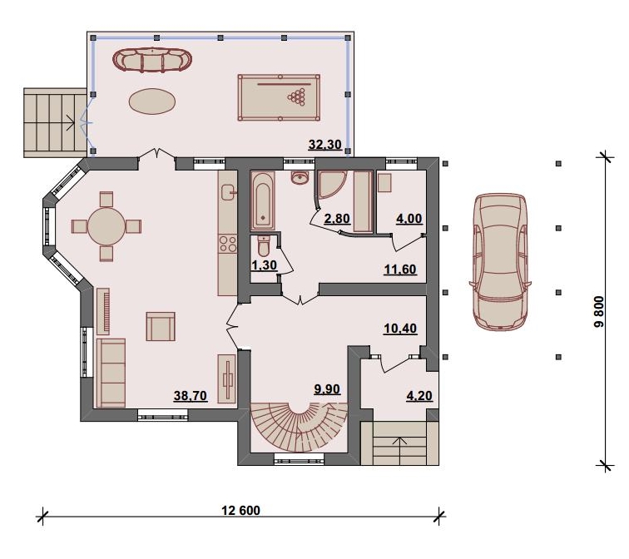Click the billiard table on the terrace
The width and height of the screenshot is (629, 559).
[x=279, y=97]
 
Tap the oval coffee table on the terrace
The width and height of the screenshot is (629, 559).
[x=152, y=101]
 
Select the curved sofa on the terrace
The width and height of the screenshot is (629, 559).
[x=152, y=60]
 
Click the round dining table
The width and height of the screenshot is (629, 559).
[x=106, y=226]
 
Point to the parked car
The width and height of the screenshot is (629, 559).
[x=500, y=262]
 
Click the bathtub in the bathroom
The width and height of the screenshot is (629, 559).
[x=263, y=200]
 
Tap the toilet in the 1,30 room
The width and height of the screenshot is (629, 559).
[x=264, y=246]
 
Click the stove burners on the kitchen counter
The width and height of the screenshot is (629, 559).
[x=227, y=244]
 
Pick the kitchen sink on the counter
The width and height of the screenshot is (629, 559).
[x=228, y=192]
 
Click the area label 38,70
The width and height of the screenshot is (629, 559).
[x=191, y=396]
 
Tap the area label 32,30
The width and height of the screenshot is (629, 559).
[x=325, y=145]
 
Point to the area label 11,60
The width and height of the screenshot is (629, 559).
[x=400, y=270]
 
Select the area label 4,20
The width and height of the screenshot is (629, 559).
[x=419, y=396]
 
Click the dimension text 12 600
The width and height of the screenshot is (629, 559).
[x=240, y=510]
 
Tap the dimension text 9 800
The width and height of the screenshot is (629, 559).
[x=598, y=312]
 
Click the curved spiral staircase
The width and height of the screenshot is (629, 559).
[x=299, y=428]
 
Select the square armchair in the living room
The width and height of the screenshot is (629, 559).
[x=161, y=326]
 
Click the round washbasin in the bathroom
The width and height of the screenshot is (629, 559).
[x=300, y=178]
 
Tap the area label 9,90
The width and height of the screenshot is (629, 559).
[x=327, y=389]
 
